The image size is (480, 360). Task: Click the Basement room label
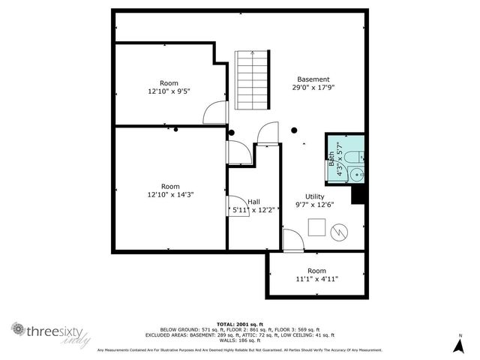click(313, 79)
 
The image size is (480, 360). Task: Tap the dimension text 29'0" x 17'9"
click(313, 88)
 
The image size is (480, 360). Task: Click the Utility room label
click(314, 196)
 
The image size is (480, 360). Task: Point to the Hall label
click(254, 202)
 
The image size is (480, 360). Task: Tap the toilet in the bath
click(358, 157)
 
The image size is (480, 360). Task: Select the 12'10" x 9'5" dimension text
click(169, 91)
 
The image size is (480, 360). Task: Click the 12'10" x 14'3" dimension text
click(170, 195)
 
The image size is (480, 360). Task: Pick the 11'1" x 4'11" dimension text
click(316, 279)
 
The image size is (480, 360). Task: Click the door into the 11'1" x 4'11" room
click(293, 241)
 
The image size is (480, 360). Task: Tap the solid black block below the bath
click(358, 193)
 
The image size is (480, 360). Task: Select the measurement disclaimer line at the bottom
click(240, 349)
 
